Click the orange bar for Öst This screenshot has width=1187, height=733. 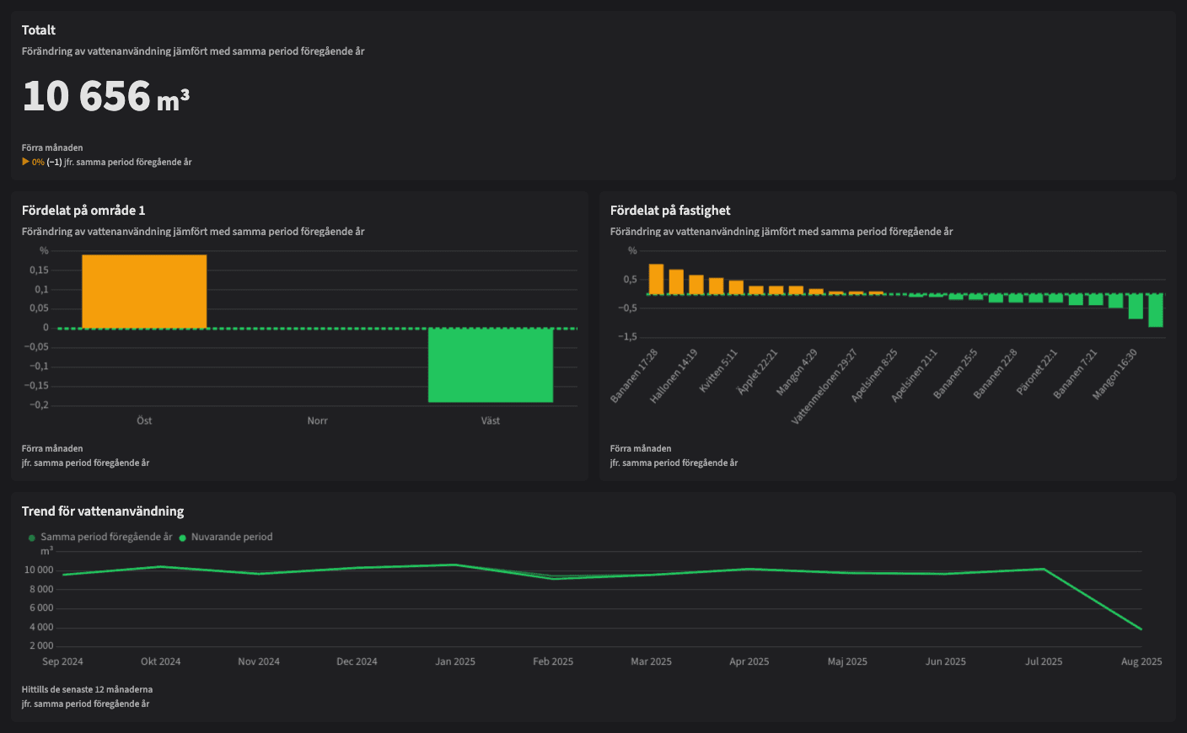tap(144, 291)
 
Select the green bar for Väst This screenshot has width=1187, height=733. tap(491, 365)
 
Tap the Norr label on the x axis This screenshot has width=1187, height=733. tap(317, 420)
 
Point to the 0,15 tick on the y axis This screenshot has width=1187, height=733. tap(39, 270)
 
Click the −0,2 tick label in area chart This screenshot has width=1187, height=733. tap(39, 405)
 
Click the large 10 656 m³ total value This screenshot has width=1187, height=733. tap(105, 97)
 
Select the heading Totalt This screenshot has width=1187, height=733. tap(39, 30)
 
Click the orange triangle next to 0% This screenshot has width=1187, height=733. tap(25, 162)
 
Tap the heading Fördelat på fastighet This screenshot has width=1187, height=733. tap(670, 211)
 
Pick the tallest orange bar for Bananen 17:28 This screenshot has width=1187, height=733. tap(656, 279)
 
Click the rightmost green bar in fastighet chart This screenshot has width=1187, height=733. tap(1155, 310)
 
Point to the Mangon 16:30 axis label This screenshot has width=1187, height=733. tap(1116, 373)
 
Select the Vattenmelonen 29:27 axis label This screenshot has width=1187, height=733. tap(824, 386)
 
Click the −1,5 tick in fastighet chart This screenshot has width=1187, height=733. tap(627, 337)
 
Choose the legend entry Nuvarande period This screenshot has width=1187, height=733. tap(232, 537)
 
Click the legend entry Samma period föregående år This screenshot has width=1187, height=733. tap(106, 537)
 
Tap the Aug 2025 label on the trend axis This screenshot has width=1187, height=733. tap(1141, 661)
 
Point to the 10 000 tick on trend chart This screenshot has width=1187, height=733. tap(39, 570)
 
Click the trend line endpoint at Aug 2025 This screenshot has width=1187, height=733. tap(1141, 629)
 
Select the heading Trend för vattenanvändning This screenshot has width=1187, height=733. tap(103, 511)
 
